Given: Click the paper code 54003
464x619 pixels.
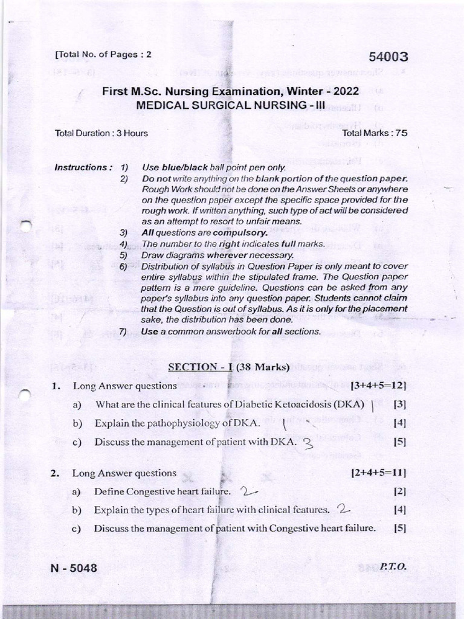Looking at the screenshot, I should [384, 57].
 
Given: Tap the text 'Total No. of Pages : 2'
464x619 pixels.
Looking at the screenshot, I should [103, 54].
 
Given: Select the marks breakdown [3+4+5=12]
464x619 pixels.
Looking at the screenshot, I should [378, 385].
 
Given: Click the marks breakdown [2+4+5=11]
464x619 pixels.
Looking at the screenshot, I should [378, 473].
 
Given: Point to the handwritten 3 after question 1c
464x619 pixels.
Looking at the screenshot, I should [308, 443].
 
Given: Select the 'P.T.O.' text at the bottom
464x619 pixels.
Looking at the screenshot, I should [393, 567].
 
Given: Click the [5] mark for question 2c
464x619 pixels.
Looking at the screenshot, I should [399, 528].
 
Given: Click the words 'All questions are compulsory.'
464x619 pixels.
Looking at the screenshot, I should [196, 232].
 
